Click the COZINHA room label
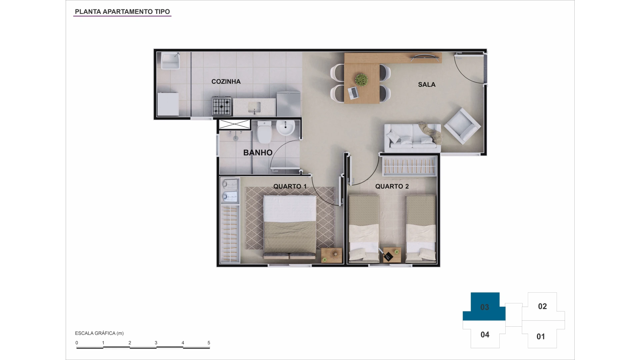click(226, 82)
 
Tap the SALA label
click(427, 85)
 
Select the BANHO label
click(258, 153)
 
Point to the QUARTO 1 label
click(290, 186)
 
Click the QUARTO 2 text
click(392, 186)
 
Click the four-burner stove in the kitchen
click(222, 106)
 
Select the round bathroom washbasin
click(285, 128)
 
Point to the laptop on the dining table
click(353, 93)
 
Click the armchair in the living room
click(462, 126)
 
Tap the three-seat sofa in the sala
click(413, 138)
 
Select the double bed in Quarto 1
click(290, 227)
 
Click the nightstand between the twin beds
click(392, 255)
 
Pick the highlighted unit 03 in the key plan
click(484, 307)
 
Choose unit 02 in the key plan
click(542, 306)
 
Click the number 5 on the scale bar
click(209, 343)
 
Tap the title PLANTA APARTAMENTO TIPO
click(122, 12)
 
